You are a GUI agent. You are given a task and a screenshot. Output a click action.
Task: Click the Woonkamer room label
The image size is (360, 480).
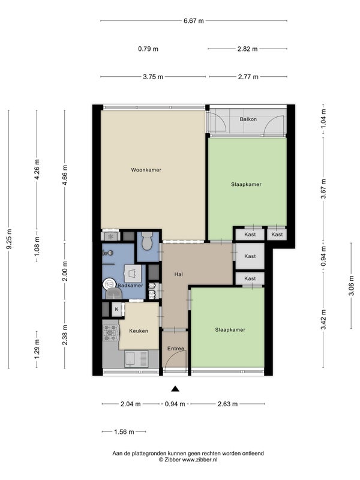[x=146, y=170]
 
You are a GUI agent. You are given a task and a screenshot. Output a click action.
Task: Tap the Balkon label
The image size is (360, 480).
[x=248, y=119]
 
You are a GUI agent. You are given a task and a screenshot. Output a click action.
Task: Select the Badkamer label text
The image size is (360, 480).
[x=130, y=286]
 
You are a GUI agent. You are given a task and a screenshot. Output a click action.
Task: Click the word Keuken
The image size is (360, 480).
[x=139, y=331]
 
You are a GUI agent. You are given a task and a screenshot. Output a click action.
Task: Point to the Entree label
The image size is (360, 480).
[x=176, y=349]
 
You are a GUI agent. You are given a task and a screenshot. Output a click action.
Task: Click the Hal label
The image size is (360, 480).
[x=178, y=274]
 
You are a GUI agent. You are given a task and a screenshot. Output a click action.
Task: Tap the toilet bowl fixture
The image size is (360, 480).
[x=147, y=241]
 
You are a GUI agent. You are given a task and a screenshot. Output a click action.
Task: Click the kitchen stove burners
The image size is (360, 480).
[x=110, y=333]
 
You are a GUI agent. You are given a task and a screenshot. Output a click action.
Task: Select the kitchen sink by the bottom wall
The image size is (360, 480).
[x=136, y=359]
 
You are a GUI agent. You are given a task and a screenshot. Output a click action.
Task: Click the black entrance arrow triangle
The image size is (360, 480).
[x=175, y=389]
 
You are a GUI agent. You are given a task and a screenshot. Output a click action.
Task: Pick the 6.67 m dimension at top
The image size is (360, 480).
[x=193, y=21]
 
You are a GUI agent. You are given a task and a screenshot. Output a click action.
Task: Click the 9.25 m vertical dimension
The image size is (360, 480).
[x=9, y=239]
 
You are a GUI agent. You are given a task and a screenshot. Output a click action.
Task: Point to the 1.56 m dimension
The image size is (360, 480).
[x=124, y=432]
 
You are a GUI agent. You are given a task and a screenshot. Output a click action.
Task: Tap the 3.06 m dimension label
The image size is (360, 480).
[x=351, y=286]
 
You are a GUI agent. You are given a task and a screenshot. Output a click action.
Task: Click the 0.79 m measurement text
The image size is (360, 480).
[x=148, y=49]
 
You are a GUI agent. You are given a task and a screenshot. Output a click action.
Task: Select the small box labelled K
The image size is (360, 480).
[x=116, y=310]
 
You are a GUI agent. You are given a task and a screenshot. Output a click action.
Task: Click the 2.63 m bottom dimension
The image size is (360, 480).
[x=227, y=404]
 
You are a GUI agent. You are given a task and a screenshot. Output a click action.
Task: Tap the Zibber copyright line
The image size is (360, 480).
[x=188, y=460]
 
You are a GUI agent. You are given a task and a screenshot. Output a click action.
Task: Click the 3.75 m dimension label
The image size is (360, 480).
[x=153, y=77]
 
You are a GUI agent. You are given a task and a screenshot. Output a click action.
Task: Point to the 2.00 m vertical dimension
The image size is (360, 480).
[x=65, y=271]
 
